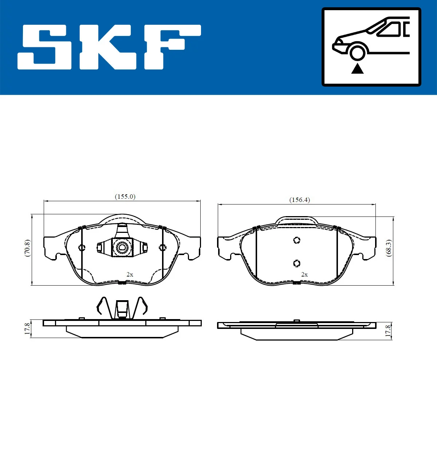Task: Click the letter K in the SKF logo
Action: point(107,47)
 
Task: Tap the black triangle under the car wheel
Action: point(357,69)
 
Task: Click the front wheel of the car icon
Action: point(357,52)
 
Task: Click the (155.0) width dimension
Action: point(125,196)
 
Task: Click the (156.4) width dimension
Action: point(299,200)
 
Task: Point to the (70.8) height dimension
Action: point(27,248)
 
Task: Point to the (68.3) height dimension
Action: point(389,248)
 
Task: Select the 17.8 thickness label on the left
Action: point(27,329)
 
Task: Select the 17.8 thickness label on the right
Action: point(387,331)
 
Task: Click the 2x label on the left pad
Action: point(130,274)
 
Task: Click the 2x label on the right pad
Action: point(304,274)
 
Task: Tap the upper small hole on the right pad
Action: point(297,240)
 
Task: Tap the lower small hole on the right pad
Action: point(297,263)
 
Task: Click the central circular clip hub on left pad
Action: point(122,248)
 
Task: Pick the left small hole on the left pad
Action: point(82,248)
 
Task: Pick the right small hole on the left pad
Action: point(162,248)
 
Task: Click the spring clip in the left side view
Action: point(122,308)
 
